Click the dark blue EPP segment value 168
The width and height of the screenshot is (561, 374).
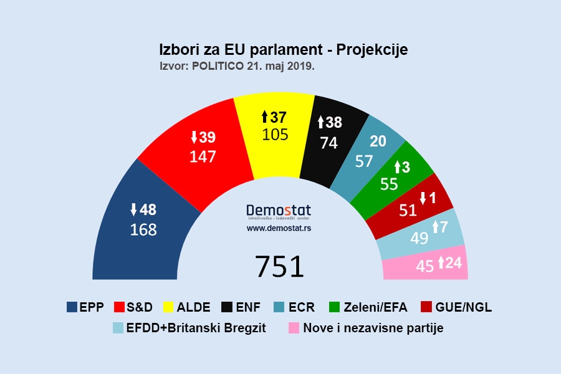click(x=143, y=229)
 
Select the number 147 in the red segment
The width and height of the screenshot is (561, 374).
click(x=203, y=156)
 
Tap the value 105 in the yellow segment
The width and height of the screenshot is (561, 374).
click(x=275, y=134)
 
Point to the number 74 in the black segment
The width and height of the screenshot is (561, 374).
click(x=328, y=143)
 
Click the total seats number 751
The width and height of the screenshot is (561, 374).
click(x=279, y=266)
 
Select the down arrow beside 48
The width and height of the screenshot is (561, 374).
click(x=133, y=209)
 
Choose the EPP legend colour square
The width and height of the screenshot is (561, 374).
click(x=73, y=307)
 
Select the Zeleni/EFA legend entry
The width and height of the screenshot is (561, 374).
click(x=372, y=307)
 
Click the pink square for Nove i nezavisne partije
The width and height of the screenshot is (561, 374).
click(x=292, y=328)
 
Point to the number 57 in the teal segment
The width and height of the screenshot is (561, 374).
click(x=364, y=161)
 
